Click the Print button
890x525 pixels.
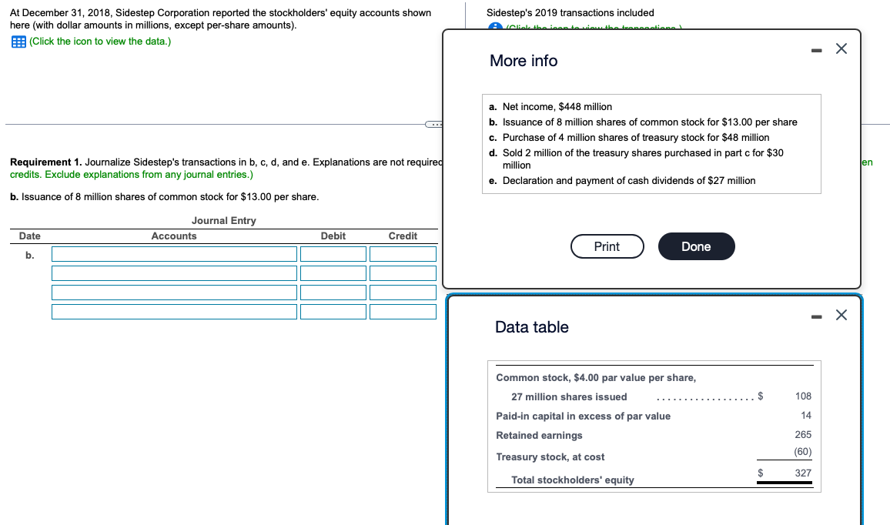pos(607,246)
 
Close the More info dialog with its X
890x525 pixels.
pos(841,49)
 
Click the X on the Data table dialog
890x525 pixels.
pos(841,315)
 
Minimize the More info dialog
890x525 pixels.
pos(815,49)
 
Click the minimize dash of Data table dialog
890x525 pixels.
pos(815,315)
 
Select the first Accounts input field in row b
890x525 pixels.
pos(174,254)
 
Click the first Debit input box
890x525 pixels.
pos(333,254)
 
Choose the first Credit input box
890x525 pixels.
pos(403,254)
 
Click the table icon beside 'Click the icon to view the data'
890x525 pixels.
pos(18,41)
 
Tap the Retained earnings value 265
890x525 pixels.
pos(802,435)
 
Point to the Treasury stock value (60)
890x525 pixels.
pos(802,452)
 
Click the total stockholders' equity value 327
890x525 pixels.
pos(802,473)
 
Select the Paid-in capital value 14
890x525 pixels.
pos(805,416)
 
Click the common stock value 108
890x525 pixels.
pos(802,396)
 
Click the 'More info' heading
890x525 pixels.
pos(524,61)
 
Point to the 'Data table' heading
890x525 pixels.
pos(532,327)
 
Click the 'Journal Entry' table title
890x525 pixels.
pos(223,221)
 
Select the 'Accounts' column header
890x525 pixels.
pos(174,236)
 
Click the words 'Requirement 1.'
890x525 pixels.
pos(45,162)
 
